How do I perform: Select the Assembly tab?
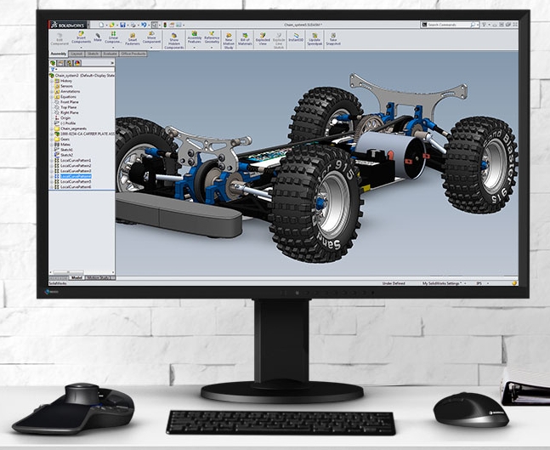[x=59, y=54]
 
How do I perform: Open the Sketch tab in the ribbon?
[x=94, y=54]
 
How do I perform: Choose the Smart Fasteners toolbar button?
[x=133, y=39]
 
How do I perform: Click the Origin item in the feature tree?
[x=66, y=117]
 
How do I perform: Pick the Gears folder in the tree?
[x=65, y=140]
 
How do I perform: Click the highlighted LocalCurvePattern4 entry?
[x=76, y=176]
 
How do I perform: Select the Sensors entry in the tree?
[x=66, y=86]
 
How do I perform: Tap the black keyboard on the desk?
[x=281, y=422]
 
